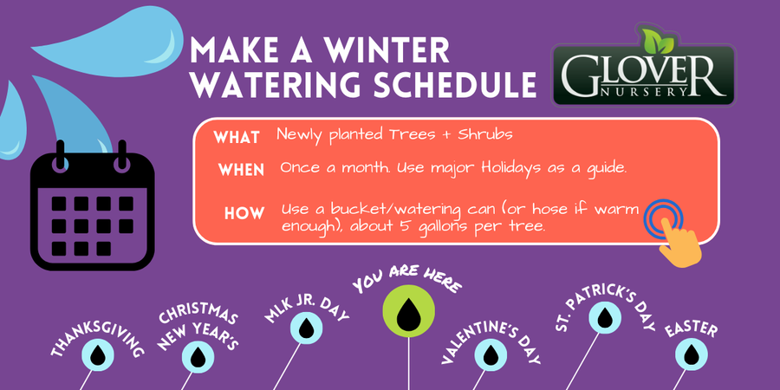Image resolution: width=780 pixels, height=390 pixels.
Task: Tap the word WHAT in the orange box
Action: point(237,137)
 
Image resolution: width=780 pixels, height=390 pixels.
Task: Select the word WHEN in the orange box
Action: point(241,170)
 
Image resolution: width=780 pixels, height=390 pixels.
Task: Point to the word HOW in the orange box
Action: point(244,213)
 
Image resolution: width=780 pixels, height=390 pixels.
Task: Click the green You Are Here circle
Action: point(408,311)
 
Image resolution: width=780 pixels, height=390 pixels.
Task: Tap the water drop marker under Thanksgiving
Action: point(99,354)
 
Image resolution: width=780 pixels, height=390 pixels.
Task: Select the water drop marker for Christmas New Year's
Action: point(198,357)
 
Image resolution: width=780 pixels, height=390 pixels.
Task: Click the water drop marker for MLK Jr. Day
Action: point(307,328)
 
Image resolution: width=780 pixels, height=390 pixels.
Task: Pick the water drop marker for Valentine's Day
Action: point(491,354)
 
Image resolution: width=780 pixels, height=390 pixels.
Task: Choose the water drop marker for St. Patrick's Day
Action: point(605,317)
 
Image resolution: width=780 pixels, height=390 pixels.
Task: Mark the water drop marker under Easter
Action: point(692,354)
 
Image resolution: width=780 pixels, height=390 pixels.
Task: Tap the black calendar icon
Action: point(93,205)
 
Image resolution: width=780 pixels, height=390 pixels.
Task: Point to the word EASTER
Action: point(691,329)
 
